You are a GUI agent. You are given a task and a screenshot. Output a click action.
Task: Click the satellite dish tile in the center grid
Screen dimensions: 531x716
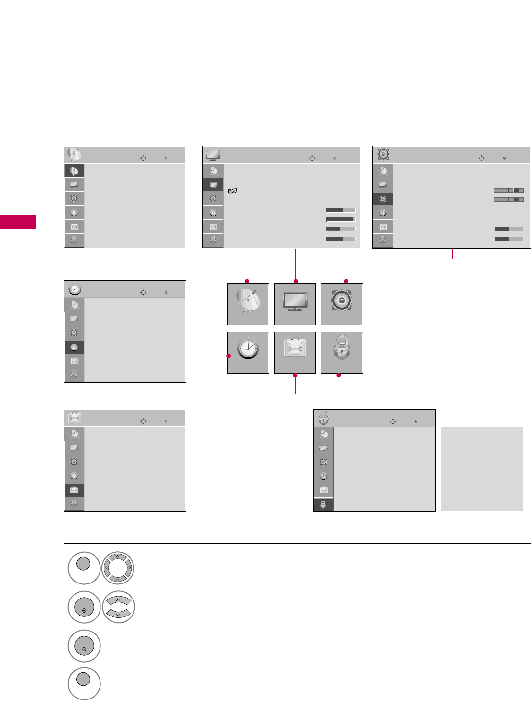click(248, 304)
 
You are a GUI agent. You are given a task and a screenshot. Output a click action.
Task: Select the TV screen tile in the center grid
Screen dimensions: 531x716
click(295, 304)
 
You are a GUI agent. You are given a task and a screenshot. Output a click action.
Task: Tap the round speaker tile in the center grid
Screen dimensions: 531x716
click(342, 304)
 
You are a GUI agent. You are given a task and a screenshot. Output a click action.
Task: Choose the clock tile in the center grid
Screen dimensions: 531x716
click(248, 352)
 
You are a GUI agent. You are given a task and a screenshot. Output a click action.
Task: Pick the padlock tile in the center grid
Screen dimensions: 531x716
click(342, 352)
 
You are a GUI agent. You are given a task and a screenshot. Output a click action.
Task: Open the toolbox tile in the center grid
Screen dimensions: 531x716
click(295, 352)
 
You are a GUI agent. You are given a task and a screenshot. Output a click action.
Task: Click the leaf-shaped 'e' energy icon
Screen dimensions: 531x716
click(232, 191)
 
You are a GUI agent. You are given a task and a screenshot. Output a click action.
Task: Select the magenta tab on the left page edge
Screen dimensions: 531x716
click(18, 221)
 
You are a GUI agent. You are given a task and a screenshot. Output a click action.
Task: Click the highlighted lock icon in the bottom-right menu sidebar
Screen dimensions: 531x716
click(324, 505)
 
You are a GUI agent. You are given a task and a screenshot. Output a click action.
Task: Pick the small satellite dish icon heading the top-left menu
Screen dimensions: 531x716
click(74, 155)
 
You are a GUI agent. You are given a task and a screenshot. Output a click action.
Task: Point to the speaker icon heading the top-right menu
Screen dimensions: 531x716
click(383, 154)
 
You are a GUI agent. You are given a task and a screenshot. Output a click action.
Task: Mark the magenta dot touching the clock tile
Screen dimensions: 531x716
click(229, 356)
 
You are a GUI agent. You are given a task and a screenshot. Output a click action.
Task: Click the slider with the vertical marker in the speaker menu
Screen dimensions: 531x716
click(509, 191)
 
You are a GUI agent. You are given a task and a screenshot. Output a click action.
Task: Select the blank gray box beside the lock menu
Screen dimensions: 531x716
click(481, 468)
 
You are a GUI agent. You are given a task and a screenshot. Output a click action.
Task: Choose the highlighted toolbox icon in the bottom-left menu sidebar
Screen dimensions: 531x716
click(74, 490)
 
